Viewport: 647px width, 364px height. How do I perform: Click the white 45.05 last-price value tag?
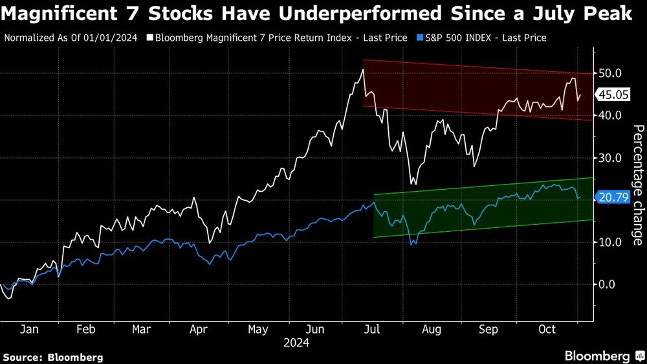tap(613, 95)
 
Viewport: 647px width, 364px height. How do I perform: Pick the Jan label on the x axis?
tap(28, 330)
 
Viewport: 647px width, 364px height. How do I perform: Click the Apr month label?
tap(199, 330)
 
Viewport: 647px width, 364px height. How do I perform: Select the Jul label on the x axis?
tap(373, 330)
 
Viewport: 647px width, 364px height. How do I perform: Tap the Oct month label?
tap(547, 330)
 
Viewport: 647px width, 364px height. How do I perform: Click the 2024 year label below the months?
tap(296, 343)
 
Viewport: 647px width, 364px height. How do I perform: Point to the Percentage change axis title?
tap(637, 185)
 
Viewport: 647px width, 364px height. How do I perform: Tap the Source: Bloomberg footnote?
tap(53, 357)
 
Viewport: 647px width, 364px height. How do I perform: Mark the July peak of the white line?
tap(363, 69)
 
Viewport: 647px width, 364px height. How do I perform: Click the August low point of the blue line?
tap(412, 244)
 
